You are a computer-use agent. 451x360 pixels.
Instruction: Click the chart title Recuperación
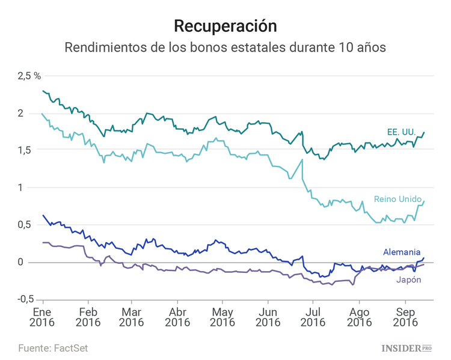click(226, 26)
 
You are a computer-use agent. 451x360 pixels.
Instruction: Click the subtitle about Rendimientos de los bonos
click(226, 47)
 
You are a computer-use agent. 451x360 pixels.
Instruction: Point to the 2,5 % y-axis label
click(29, 76)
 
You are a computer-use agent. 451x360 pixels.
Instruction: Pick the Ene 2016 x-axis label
click(43, 317)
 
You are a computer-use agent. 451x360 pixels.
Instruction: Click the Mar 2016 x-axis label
click(131, 317)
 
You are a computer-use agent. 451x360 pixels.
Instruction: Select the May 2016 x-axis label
click(222, 317)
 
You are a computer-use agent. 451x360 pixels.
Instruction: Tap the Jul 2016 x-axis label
click(313, 317)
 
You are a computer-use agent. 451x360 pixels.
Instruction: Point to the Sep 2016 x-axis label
click(406, 317)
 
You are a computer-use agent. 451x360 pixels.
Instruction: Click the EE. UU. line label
click(402, 130)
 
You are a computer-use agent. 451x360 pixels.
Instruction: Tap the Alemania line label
click(402, 252)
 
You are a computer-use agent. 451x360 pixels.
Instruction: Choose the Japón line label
click(408, 279)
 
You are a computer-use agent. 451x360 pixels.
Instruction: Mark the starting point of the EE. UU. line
click(43, 91)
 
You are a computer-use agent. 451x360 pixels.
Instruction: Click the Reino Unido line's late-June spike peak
click(302, 159)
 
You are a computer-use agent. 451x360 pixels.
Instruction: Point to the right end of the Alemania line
click(424, 258)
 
